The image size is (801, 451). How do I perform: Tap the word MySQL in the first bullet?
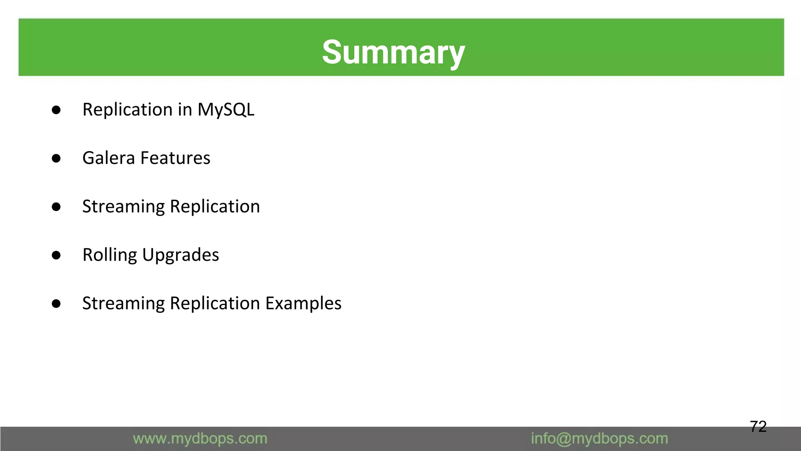click(226, 110)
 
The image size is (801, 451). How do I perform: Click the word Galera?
click(108, 158)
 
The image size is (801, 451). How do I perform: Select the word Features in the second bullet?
click(175, 158)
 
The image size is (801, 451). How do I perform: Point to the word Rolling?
click(110, 255)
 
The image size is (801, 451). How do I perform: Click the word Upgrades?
click(180, 255)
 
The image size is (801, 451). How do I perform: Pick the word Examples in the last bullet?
click(304, 303)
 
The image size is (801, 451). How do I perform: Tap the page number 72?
click(758, 426)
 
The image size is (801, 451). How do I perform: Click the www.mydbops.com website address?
click(200, 439)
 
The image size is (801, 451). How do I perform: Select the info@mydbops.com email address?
click(599, 439)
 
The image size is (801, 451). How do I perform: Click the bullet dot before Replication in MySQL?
click(56, 110)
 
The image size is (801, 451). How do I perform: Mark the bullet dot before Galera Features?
click(56, 159)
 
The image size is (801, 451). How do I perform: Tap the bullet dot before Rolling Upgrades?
click(56, 255)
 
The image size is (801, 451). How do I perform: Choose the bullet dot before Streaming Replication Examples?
click(56, 304)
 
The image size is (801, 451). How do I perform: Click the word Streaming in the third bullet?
click(123, 207)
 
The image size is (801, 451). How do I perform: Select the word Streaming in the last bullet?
click(123, 304)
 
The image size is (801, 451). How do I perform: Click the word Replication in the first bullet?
click(127, 110)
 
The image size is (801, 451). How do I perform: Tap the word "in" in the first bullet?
click(185, 110)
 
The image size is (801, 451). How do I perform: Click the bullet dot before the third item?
click(56, 207)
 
